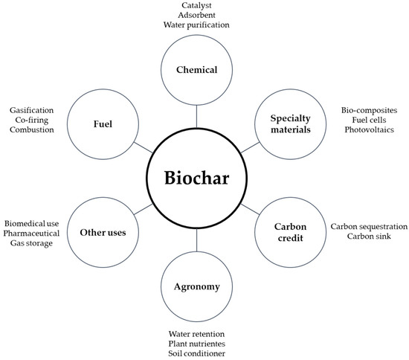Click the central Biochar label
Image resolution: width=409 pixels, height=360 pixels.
(x=198, y=179)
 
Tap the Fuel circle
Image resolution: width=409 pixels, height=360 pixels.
(x=103, y=125)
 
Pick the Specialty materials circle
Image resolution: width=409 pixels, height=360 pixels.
(x=292, y=125)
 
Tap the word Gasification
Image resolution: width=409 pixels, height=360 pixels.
(x=35, y=109)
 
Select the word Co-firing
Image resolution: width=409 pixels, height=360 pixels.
(x=35, y=119)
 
